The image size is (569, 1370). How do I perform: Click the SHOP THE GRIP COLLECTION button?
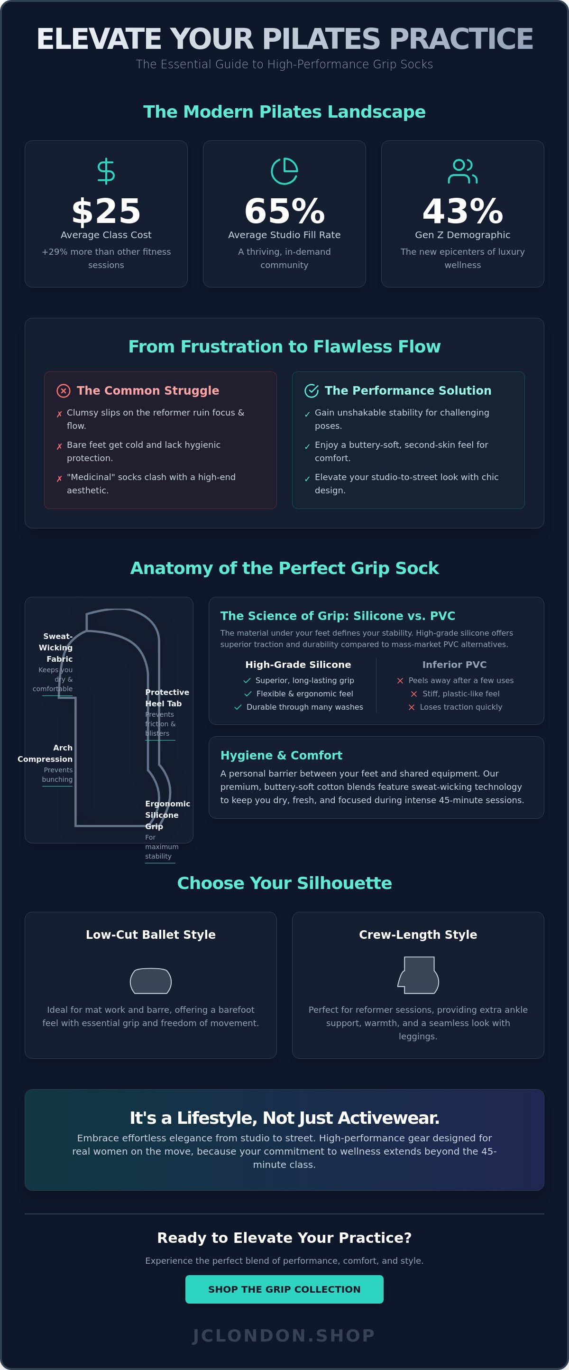(284, 1289)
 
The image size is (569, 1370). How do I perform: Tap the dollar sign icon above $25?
(106, 171)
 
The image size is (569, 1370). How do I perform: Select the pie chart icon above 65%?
(284, 171)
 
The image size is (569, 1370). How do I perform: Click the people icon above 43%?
(463, 171)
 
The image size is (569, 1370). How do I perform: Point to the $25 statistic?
(106, 211)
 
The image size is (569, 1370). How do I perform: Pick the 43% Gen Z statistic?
(463, 211)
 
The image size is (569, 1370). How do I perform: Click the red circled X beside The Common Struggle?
(63, 391)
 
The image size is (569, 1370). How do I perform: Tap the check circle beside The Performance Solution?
(312, 391)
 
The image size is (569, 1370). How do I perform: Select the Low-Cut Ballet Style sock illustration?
(150, 981)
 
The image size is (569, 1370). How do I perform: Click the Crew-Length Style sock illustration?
(418, 975)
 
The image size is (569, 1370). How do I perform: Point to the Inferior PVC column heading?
(454, 664)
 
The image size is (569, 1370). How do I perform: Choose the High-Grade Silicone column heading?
(298, 664)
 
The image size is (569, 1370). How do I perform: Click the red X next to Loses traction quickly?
(412, 707)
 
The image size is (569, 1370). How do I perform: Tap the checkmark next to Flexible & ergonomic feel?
(248, 694)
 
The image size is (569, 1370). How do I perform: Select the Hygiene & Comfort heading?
(281, 755)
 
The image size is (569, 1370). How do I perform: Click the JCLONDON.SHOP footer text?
(284, 1335)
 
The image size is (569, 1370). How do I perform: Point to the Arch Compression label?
(45, 753)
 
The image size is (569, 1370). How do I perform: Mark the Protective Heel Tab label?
(167, 698)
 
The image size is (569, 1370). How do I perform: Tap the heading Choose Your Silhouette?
(284, 883)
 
